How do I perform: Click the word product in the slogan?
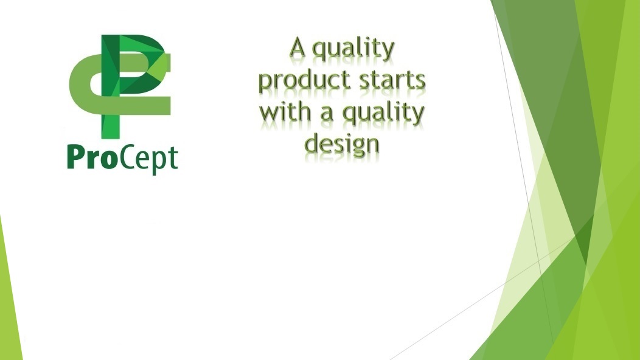(x=305, y=80)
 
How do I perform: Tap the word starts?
(x=392, y=80)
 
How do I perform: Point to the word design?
(x=342, y=144)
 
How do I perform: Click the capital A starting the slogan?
(x=297, y=48)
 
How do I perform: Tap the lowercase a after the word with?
(x=326, y=112)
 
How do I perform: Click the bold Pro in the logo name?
(x=92, y=157)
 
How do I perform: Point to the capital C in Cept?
(x=127, y=157)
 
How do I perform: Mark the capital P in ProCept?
(x=75, y=157)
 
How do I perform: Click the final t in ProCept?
(x=173, y=159)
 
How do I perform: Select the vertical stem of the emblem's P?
(x=110, y=86)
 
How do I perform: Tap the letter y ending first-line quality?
(x=388, y=52)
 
